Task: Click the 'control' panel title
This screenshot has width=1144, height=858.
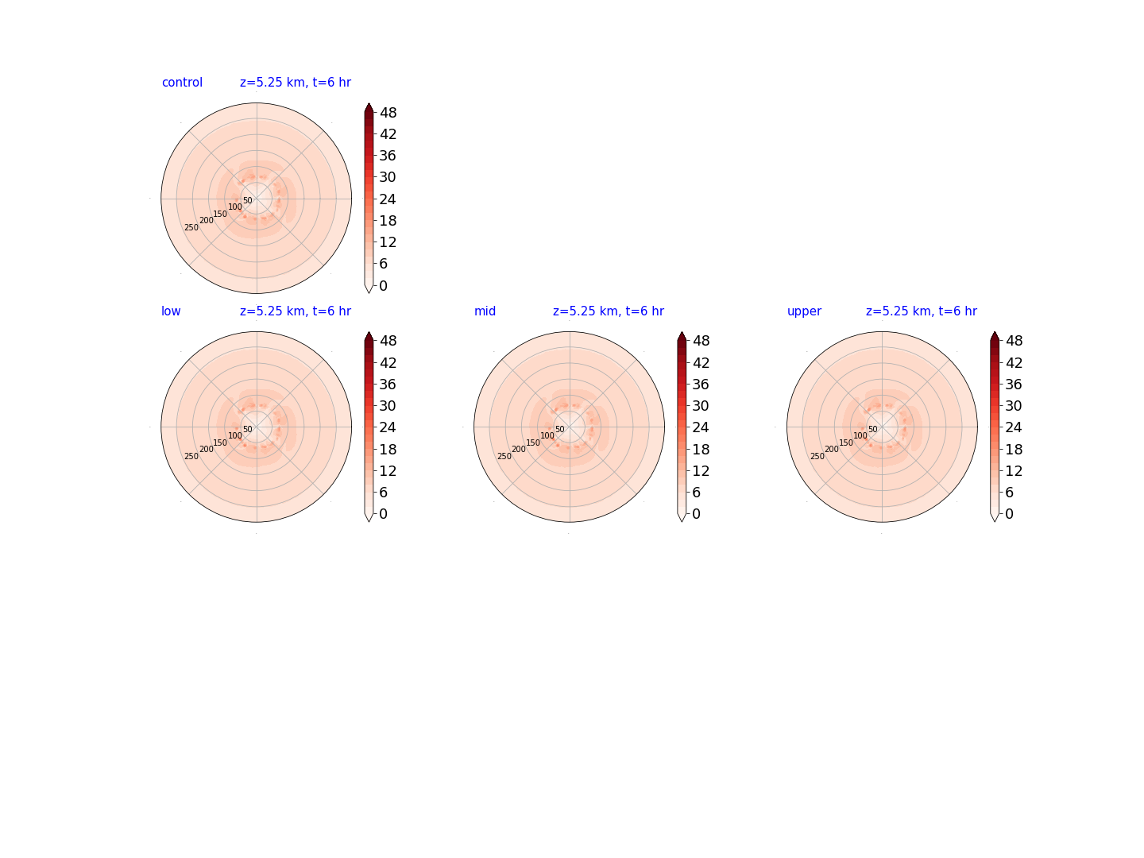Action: (x=182, y=83)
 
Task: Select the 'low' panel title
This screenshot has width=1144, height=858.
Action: (x=171, y=311)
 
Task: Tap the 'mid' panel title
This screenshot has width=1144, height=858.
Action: (x=485, y=311)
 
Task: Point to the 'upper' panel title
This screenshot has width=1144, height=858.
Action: (x=804, y=311)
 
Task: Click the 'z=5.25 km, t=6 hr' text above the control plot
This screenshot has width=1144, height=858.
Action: (x=296, y=83)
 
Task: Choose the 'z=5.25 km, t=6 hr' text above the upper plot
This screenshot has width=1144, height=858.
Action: (x=922, y=311)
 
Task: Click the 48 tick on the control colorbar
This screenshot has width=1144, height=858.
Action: (x=388, y=113)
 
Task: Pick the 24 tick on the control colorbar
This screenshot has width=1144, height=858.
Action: (x=388, y=199)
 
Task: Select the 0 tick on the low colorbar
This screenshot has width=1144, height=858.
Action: (x=383, y=514)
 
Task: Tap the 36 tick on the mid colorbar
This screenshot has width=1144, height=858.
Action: (x=701, y=385)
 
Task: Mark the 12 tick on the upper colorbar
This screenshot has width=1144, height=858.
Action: (x=1014, y=471)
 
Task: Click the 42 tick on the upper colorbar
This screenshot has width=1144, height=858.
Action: (x=1014, y=362)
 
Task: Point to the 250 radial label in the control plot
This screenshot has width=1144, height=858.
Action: (x=191, y=228)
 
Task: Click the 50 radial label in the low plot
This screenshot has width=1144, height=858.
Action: (x=248, y=429)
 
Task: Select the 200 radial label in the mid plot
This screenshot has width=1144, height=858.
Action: (x=519, y=449)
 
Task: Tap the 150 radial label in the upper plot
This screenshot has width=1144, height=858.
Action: (x=846, y=443)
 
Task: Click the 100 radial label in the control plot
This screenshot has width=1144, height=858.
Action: (x=235, y=207)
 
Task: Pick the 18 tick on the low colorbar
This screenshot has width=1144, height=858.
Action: (x=388, y=449)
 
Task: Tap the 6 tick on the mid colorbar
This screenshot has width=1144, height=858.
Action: (x=696, y=493)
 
